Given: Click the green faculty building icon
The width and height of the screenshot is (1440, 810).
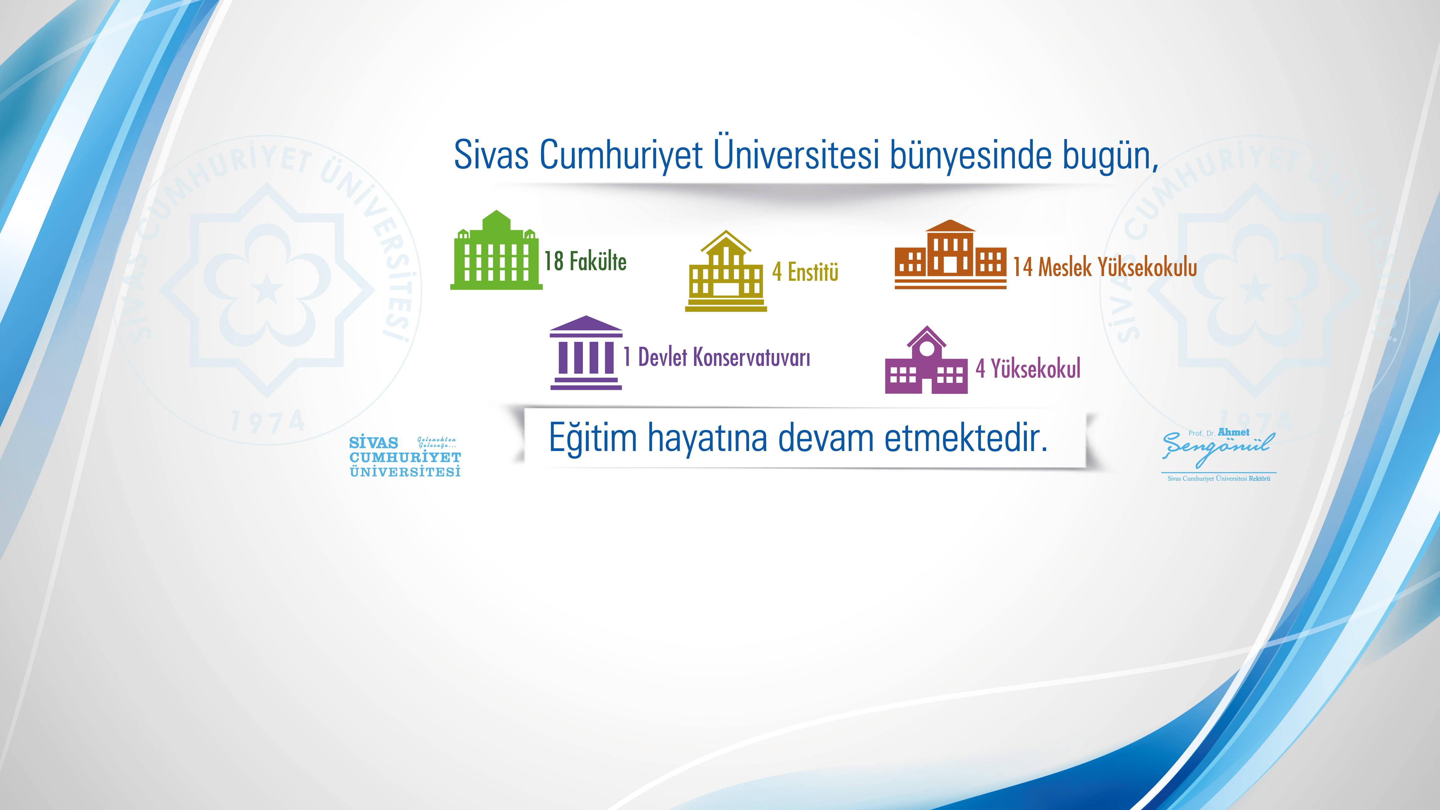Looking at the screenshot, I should (x=496, y=251).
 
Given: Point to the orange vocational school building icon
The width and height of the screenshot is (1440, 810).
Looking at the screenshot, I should (x=950, y=254).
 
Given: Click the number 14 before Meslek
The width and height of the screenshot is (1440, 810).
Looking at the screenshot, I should (x=1022, y=267).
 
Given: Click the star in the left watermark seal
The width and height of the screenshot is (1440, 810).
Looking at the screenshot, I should (x=267, y=289).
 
